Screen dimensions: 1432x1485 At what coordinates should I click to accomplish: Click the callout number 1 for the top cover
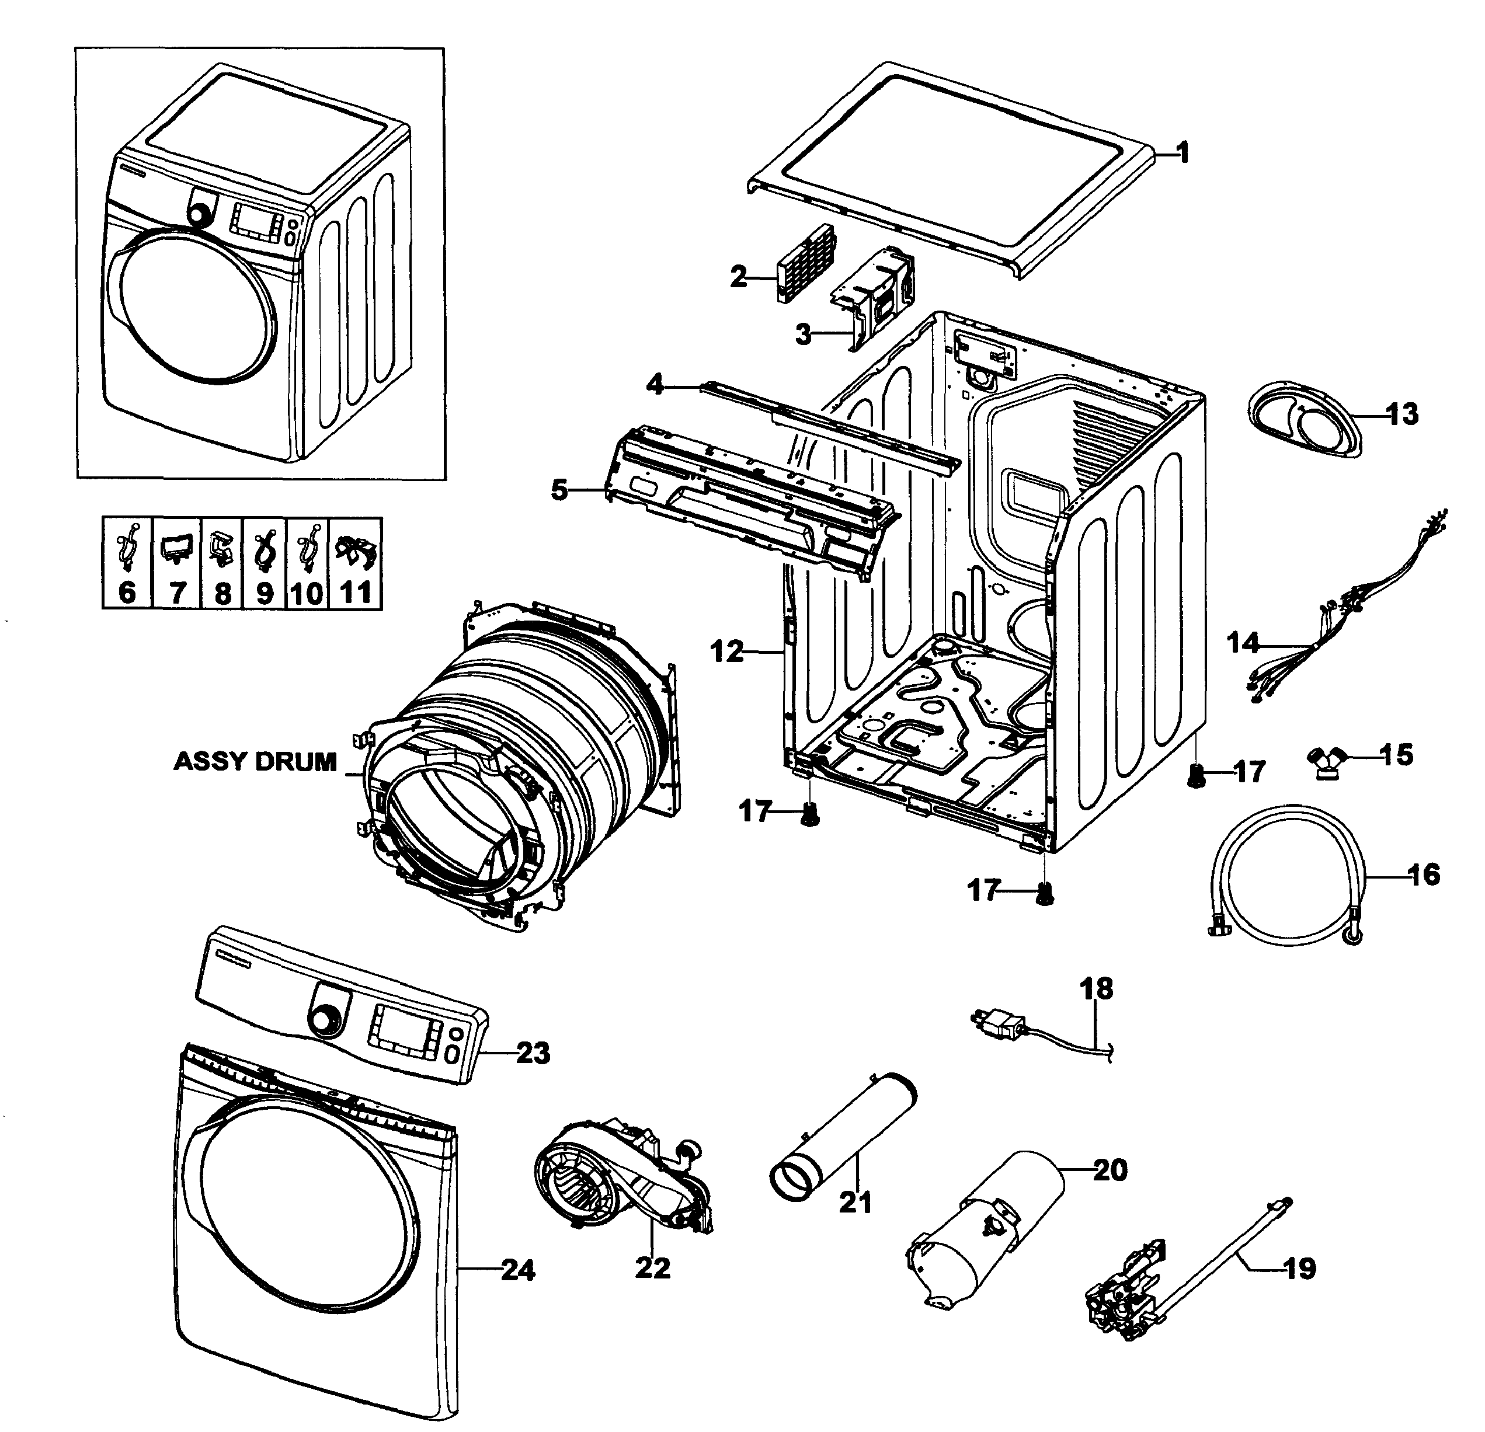click(x=1184, y=153)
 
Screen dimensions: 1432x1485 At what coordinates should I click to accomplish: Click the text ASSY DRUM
click(x=255, y=761)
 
